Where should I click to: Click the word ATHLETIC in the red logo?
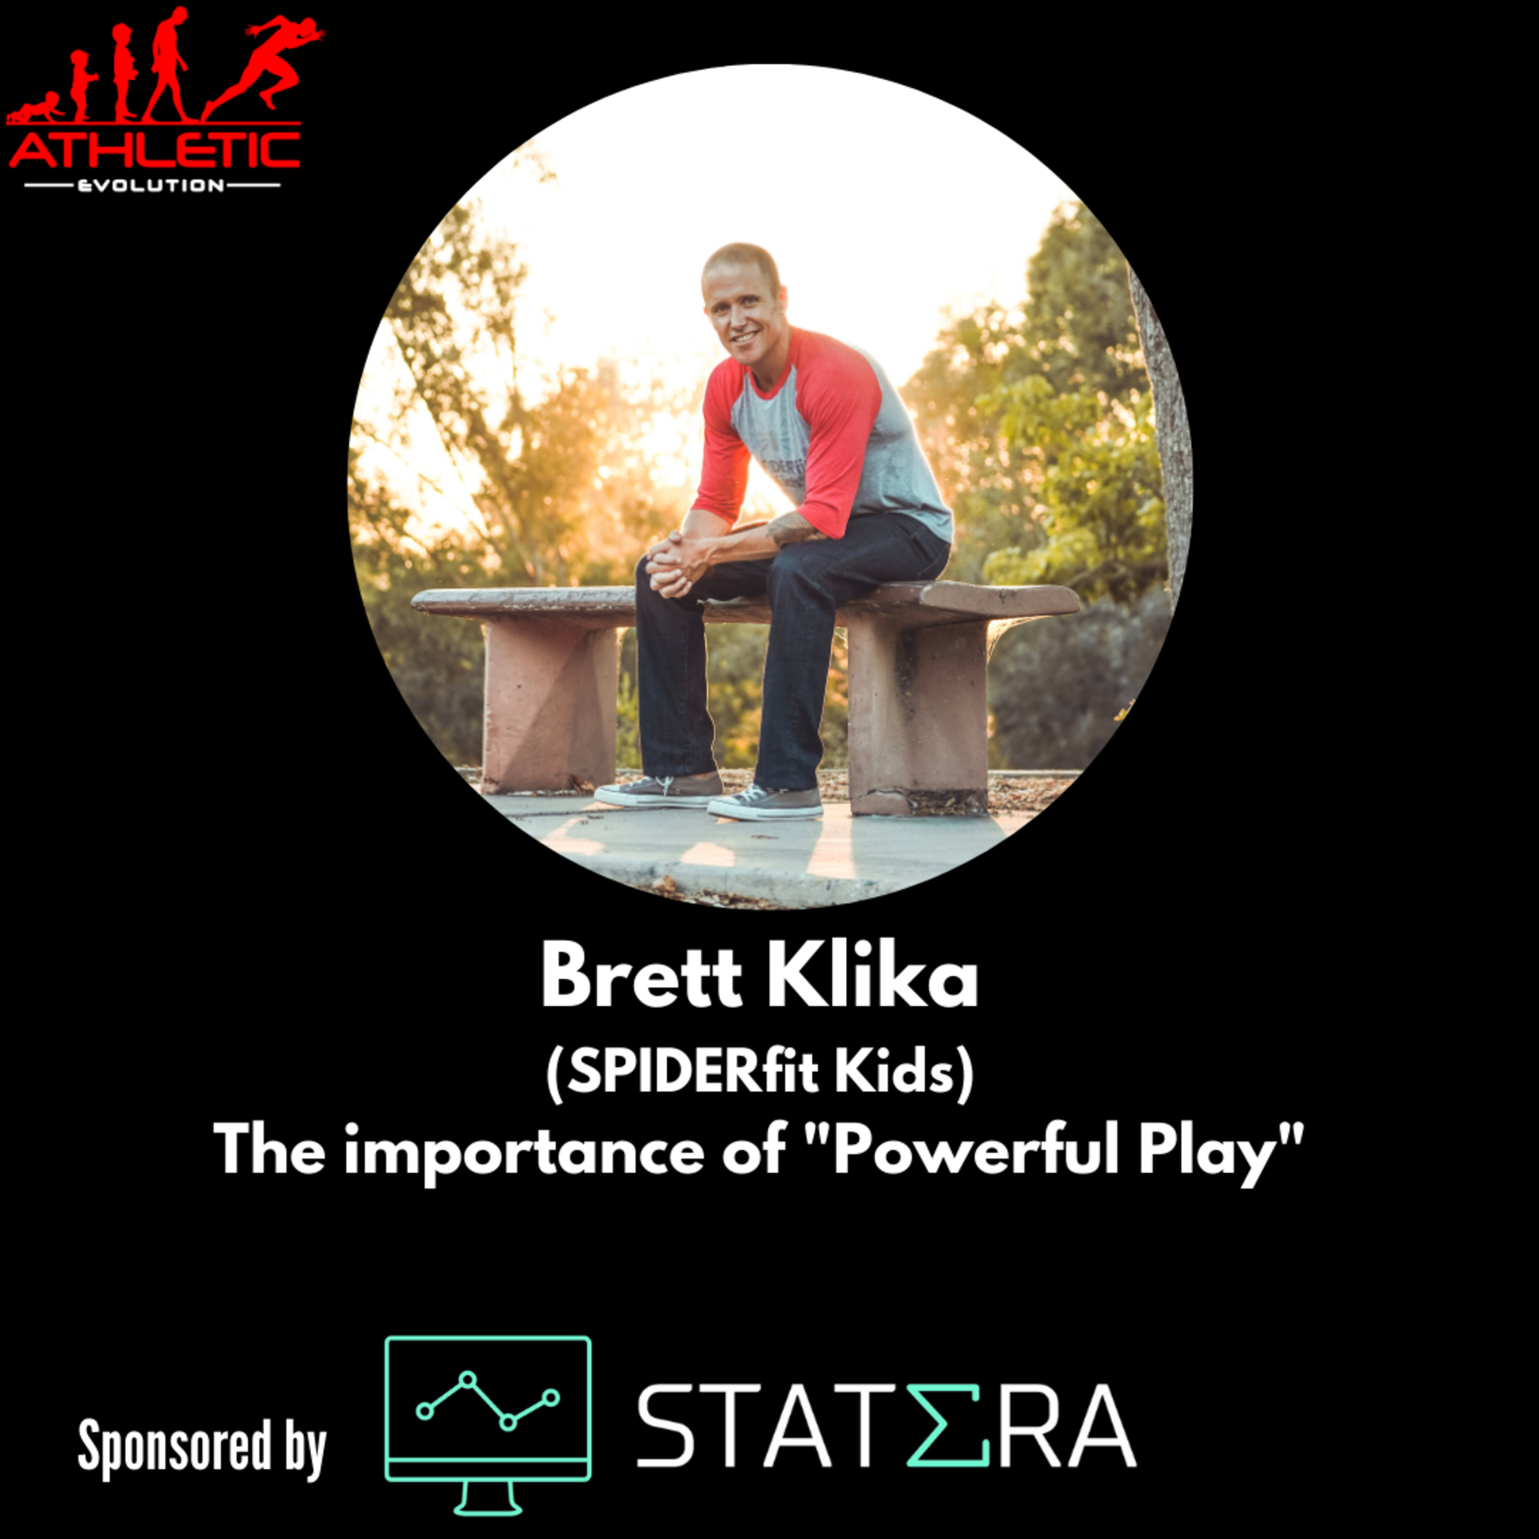154,150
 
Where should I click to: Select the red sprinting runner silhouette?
263,68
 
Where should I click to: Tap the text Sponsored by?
202,1447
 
